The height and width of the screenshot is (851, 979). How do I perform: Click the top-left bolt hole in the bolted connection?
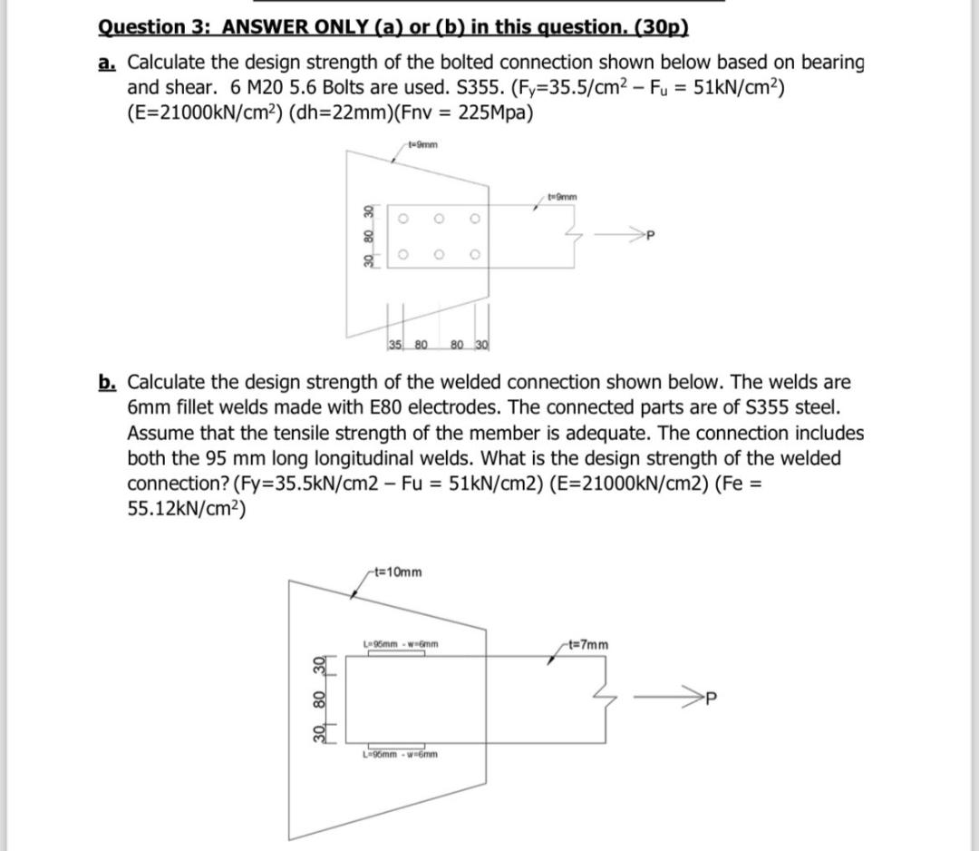tap(403, 220)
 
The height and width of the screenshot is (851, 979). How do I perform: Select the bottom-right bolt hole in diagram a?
tap(474, 255)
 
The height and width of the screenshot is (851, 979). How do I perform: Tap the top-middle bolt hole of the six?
tap(439, 220)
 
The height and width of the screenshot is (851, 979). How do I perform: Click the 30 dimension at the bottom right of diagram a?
tap(480, 343)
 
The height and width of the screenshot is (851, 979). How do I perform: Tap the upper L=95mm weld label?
tap(401, 644)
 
